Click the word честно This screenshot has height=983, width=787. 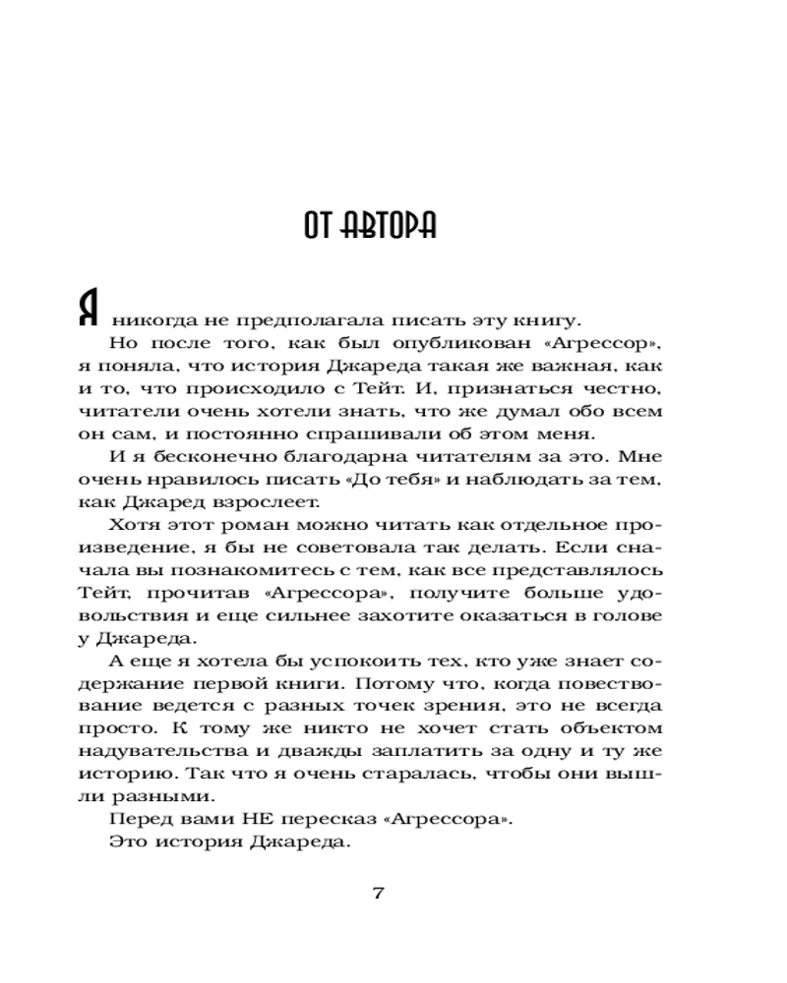click(626, 389)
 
